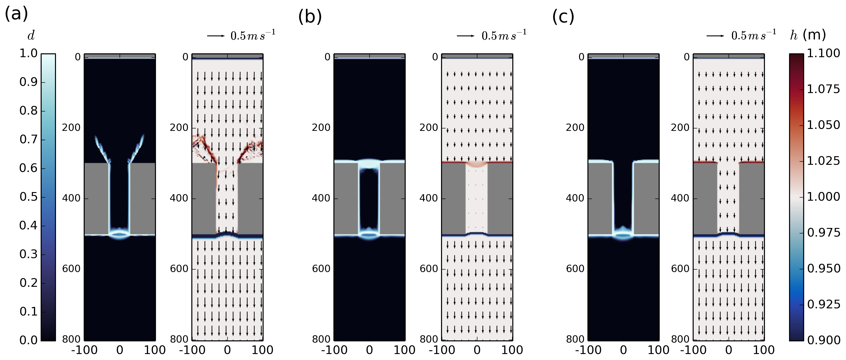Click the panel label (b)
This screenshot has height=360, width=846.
[310, 17]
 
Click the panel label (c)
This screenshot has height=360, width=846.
[563, 17]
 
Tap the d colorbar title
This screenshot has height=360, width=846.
[31, 35]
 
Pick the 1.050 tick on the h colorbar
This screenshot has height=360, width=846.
[823, 125]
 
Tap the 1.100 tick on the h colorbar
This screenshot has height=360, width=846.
[823, 53]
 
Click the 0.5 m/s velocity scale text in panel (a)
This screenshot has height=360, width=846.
[253, 35]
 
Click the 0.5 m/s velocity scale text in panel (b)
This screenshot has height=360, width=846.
[504, 35]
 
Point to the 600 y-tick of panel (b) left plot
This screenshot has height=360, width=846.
[321, 269]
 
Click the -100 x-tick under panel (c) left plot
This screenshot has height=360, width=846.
[588, 350]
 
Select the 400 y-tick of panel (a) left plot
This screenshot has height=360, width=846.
[71, 198]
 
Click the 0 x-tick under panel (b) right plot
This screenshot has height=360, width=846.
[477, 350]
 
